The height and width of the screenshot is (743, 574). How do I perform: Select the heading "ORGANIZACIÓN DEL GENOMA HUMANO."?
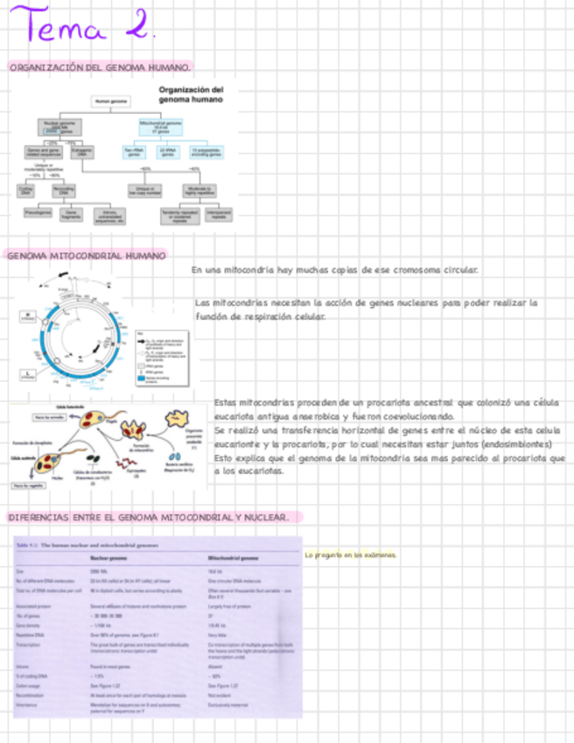tap(100, 67)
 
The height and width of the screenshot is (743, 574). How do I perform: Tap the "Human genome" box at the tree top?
tap(111, 102)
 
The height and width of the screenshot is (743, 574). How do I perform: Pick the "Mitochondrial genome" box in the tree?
tap(161, 126)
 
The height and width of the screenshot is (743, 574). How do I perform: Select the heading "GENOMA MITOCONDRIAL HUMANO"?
tap(86, 256)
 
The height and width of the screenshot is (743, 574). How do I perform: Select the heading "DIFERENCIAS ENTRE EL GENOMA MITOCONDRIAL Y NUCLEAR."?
tap(149, 518)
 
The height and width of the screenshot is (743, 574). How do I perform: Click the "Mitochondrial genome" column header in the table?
tap(233, 557)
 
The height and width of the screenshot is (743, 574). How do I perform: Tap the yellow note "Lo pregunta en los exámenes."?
tap(350, 555)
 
